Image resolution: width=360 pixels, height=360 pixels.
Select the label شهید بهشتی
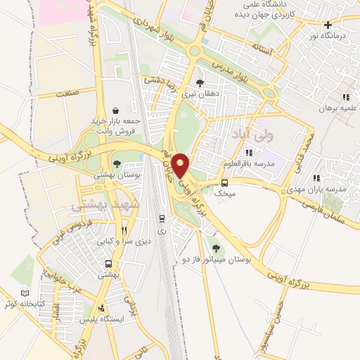pyautogui.click(x=96, y=205)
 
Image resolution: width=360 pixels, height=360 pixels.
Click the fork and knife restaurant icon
pyautogui.click(x=124, y=229)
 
